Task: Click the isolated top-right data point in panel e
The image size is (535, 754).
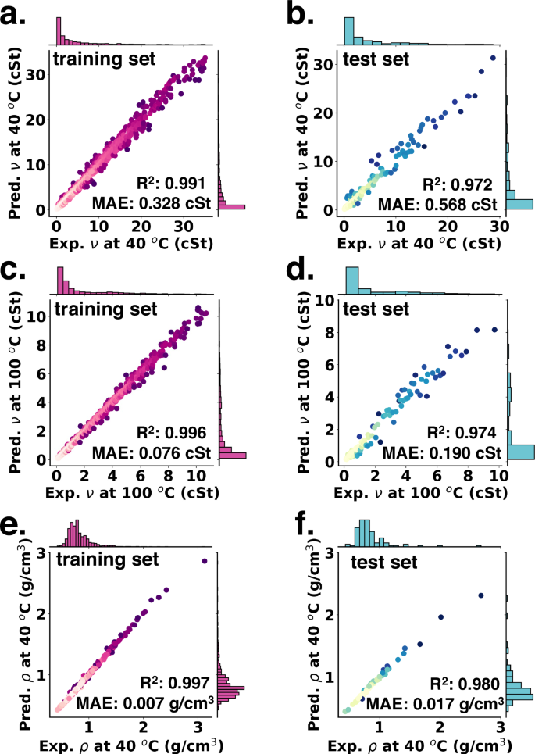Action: pos(205,560)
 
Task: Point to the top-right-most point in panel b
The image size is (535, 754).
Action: pos(493,58)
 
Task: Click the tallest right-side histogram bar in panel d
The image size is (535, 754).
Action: pos(521,452)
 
